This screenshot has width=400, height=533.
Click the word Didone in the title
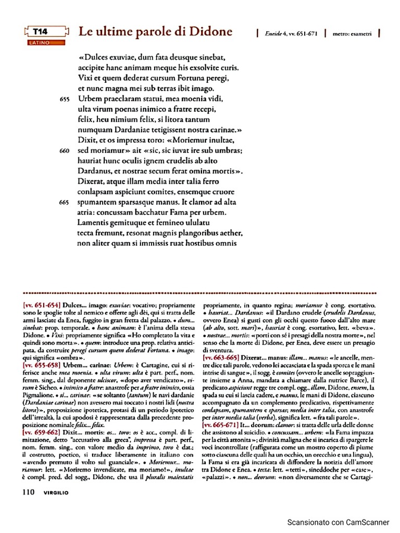[210, 32]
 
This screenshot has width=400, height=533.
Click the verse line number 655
[65, 99]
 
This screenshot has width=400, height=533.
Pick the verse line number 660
[65, 150]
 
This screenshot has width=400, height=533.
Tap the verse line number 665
[65, 202]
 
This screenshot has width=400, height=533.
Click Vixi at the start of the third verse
[85, 78]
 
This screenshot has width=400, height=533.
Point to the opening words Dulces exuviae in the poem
[109, 57]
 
